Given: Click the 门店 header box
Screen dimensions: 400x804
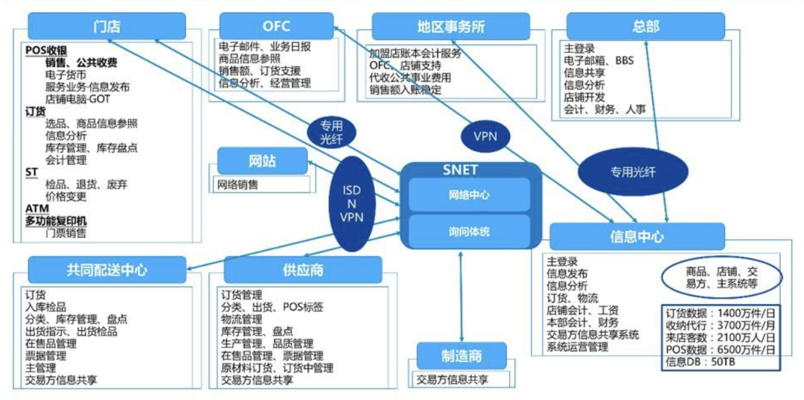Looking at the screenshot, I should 106,27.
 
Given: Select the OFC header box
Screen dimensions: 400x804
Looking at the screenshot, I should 275,25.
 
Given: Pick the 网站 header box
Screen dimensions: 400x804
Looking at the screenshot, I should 261,161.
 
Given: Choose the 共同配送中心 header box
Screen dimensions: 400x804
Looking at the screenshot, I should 106,270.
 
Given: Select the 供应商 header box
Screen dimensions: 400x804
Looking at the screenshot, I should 302,270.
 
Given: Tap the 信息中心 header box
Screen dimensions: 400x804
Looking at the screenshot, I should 636,236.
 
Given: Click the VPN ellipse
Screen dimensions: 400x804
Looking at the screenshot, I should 485,136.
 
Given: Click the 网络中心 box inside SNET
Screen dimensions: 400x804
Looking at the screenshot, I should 469,195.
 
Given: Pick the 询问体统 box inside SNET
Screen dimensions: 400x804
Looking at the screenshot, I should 469,231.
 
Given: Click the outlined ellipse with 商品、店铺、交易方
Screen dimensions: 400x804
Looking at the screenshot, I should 721,278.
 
